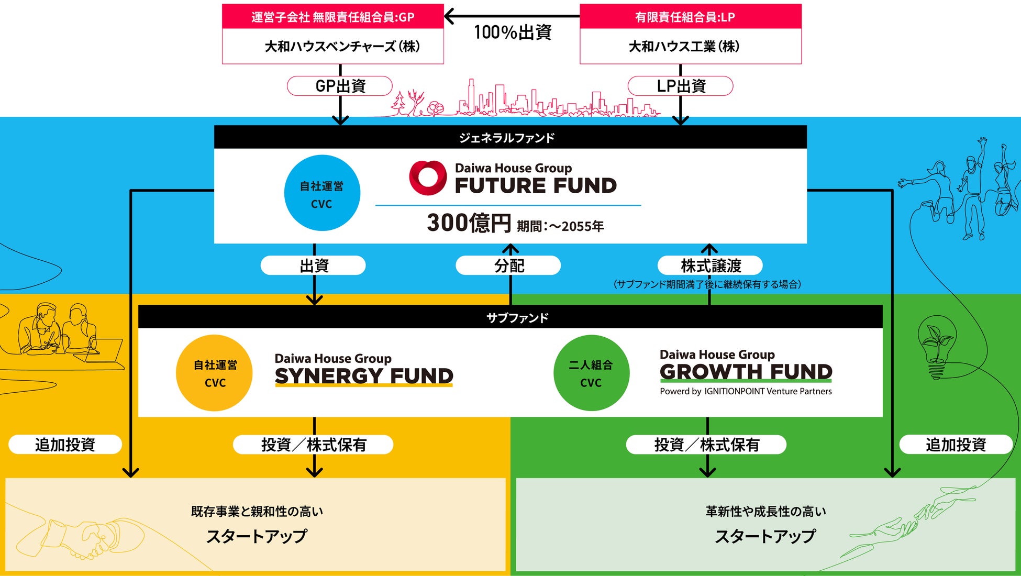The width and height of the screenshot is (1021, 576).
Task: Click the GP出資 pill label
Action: point(340,86)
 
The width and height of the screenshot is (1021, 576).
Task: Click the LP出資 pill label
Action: point(681,86)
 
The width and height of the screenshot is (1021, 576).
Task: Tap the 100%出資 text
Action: point(513,32)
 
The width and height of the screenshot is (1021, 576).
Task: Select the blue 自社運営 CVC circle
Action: point(322,193)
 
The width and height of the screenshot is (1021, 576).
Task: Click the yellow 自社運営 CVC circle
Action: point(215,373)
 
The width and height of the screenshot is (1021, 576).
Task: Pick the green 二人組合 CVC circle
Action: point(591,373)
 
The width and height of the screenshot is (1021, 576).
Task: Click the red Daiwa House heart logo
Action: point(428,178)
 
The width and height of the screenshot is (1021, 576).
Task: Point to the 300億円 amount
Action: point(469,223)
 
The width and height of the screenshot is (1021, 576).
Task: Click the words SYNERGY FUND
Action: point(364,376)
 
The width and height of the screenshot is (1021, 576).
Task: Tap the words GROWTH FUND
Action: point(746,372)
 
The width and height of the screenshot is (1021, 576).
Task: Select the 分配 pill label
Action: point(508,265)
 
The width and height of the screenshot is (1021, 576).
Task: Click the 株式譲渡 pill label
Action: point(710,265)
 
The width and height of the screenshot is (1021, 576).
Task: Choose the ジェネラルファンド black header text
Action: point(507,138)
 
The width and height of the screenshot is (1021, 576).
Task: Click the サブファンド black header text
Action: point(517,318)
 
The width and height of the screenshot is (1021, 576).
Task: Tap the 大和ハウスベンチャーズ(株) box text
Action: point(342,47)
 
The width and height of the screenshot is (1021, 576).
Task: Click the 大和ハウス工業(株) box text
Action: point(684,47)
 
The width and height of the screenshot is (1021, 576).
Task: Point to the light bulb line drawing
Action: point(937,346)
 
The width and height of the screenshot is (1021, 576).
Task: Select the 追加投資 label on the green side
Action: point(956,445)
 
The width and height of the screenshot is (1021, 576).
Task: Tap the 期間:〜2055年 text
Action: point(560,226)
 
